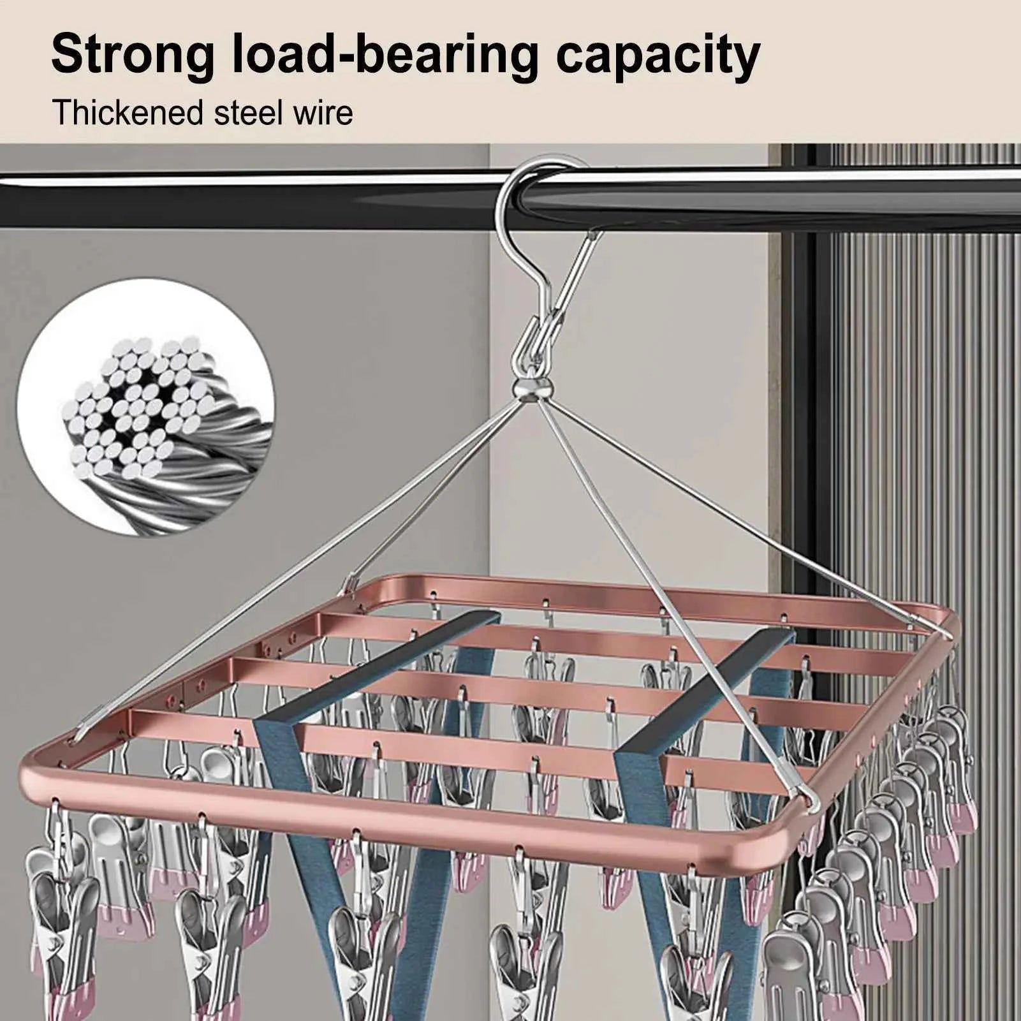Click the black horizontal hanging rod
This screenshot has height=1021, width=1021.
point(255,191)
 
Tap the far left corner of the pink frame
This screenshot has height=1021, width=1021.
point(357,584)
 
